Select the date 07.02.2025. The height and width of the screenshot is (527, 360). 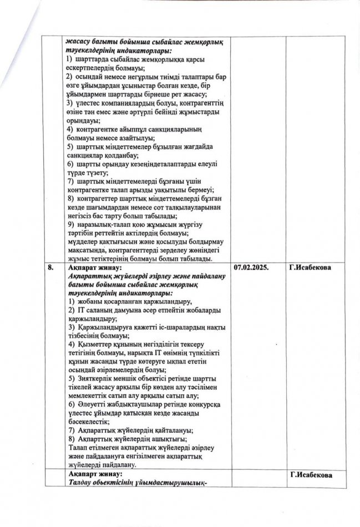[251, 267]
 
